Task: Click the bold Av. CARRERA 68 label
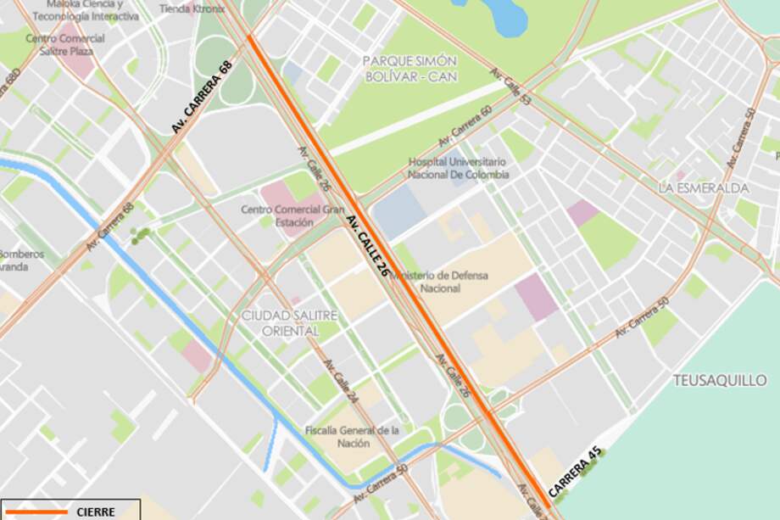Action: (x=202, y=97)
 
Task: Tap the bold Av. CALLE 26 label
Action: (x=368, y=246)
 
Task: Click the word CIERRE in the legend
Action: (x=96, y=512)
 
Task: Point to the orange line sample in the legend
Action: (x=36, y=512)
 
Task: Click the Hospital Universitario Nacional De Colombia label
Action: (x=458, y=168)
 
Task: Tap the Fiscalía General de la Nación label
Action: (x=352, y=436)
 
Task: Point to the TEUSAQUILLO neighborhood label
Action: (x=721, y=380)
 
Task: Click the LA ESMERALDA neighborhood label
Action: (x=704, y=187)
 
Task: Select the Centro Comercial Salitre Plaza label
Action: (x=65, y=44)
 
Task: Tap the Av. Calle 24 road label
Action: (x=342, y=382)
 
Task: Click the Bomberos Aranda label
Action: (x=20, y=260)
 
